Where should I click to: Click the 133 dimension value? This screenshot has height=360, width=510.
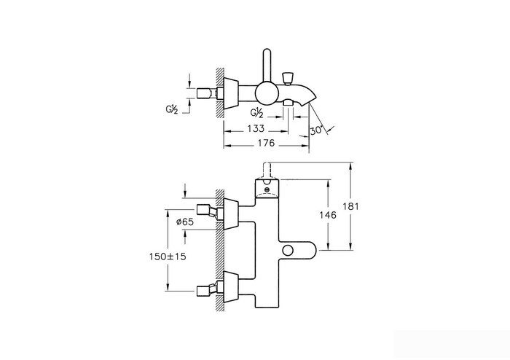256,129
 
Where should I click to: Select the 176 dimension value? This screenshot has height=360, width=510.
267,143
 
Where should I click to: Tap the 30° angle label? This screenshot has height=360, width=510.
316,130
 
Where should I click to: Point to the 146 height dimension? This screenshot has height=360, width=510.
328,215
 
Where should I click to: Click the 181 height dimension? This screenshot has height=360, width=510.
350,206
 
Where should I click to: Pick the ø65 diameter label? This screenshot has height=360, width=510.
185,222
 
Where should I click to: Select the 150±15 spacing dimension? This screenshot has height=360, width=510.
168,257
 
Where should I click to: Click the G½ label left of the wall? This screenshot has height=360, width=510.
172,110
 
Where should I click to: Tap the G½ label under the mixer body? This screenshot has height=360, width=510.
256,113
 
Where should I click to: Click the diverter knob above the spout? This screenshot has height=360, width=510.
288,78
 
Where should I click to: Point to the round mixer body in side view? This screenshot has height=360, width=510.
267,94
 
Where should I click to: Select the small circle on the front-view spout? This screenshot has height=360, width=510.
288,251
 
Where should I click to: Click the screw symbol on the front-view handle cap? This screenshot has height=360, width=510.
267,189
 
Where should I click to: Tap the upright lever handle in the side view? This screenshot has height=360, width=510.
267,66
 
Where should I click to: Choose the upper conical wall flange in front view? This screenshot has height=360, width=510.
231,214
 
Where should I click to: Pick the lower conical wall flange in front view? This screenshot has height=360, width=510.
231,287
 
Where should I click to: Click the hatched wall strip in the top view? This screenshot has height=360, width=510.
219,93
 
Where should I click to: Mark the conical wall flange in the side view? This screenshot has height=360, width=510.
231,94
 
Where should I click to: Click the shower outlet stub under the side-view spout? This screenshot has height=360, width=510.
289,103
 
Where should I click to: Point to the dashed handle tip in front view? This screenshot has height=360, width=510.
267,171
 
